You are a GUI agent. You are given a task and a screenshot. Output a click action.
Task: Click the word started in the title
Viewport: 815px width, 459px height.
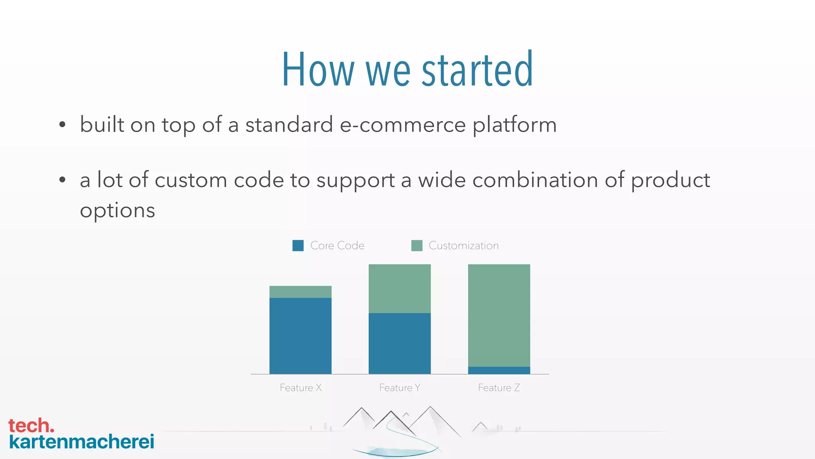477,70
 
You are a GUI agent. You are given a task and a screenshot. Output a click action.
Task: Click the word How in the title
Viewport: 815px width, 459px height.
318,70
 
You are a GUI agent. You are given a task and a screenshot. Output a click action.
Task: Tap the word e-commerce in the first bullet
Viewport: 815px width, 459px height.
402,125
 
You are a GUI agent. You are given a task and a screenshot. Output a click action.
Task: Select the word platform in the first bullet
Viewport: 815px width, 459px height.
514,125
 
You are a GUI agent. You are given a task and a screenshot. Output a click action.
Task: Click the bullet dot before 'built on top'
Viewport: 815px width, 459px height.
62,125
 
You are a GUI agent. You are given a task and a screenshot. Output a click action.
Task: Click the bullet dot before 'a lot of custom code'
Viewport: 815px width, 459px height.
62,180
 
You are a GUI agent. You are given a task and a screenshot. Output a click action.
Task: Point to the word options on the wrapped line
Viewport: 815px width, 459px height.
117,211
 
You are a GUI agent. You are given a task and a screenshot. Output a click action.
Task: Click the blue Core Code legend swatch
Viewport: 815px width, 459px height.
298,245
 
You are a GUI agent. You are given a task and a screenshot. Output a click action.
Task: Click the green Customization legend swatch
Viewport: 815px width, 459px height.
417,245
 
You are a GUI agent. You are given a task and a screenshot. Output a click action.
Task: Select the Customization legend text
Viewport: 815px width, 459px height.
464,245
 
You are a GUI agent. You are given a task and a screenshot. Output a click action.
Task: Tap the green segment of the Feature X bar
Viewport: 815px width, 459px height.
300,292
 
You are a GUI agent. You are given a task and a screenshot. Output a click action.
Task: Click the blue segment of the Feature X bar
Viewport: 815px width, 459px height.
300,335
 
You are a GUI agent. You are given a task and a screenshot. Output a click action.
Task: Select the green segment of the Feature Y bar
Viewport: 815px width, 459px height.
400,288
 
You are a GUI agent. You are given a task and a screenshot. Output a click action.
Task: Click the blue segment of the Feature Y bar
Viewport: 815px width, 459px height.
400,343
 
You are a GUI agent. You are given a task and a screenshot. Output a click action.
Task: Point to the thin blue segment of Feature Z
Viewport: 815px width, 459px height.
499,370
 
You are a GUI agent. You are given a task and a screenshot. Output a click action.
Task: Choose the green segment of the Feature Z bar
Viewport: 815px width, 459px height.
499,315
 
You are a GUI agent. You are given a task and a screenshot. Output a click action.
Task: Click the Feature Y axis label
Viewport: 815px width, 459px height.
400,388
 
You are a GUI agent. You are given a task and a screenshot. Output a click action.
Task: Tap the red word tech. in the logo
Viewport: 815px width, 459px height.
31,426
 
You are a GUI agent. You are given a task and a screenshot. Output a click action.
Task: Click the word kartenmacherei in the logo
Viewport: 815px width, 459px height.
82,441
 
